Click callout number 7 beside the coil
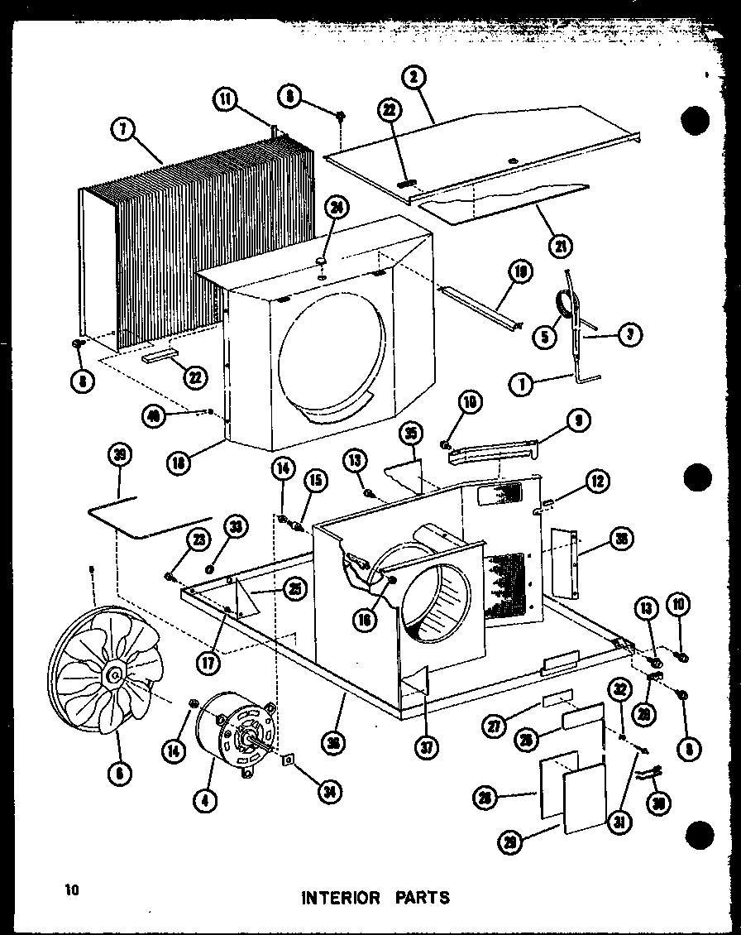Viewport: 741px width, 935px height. (x=122, y=130)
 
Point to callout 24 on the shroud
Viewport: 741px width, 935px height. (x=335, y=208)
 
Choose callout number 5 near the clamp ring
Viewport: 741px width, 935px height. (x=544, y=336)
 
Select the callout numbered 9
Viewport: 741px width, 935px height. (x=576, y=422)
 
